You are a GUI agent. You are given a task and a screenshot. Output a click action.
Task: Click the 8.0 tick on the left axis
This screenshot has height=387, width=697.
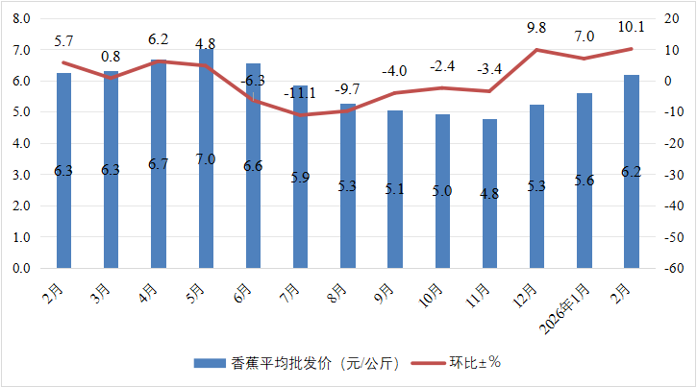click(x=21, y=19)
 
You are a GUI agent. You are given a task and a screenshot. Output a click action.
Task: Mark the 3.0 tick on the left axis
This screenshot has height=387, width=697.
click(x=21, y=175)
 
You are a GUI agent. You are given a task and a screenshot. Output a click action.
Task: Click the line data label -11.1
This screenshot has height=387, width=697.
click(x=300, y=93)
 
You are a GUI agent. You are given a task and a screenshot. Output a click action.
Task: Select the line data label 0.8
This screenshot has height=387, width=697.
click(x=112, y=57)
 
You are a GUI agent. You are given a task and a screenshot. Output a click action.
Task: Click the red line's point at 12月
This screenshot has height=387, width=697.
click(x=536, y=50)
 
